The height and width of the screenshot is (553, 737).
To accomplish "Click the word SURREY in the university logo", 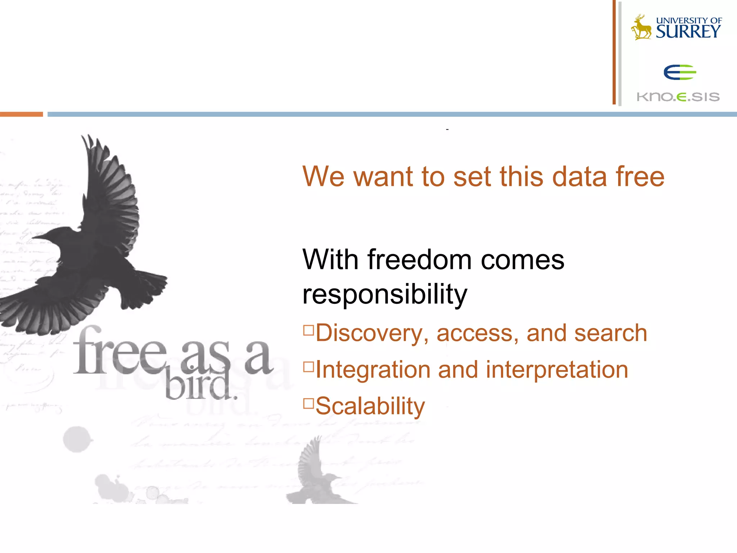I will point(688,32).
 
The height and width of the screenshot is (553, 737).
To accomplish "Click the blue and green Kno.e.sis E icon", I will point(680,72).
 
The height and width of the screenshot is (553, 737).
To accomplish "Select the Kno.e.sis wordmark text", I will point(678,97).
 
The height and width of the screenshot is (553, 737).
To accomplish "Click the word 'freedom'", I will point(419,260).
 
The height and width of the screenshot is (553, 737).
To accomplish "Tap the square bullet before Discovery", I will point(308,330).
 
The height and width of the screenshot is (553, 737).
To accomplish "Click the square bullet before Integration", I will point(308,367).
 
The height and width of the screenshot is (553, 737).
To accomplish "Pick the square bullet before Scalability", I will point(308,403).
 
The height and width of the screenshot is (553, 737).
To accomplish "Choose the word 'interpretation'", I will point(557,370).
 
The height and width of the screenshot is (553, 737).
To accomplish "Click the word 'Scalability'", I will point(370,406).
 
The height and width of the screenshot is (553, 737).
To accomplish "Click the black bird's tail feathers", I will point(144,288).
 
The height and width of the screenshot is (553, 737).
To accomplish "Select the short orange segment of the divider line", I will point(21,114).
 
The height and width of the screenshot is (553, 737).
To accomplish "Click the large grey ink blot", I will point(77,439).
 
